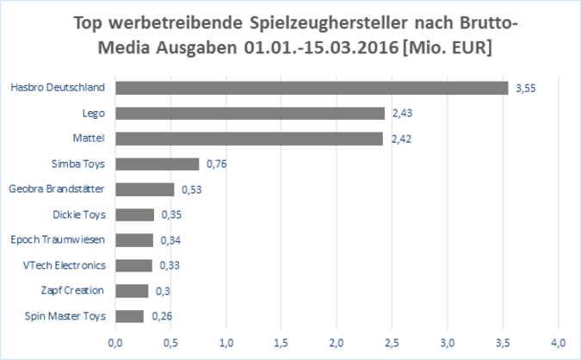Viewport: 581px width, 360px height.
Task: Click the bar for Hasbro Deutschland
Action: (312, 88)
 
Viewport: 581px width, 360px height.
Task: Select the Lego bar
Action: (250, 113)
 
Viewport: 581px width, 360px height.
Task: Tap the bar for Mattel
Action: (249, 139)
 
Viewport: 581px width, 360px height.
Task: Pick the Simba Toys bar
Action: (158, 164)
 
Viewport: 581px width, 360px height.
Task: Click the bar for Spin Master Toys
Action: (130, 316)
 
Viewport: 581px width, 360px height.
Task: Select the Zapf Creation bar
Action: (132, 291)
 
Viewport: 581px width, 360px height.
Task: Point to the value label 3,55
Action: (525, 88)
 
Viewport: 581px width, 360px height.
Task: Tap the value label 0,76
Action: (216, 164)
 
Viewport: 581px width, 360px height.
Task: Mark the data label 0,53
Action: (190, 189)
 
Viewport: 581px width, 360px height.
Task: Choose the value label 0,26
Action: (161, 316)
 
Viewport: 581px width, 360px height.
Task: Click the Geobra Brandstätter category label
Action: (57, 189)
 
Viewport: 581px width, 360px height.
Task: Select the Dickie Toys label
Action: (78, 214)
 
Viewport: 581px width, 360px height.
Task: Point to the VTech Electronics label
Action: (64, 265)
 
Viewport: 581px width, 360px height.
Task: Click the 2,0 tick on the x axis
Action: (337, 341)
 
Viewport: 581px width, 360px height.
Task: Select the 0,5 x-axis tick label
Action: (170, 341)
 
